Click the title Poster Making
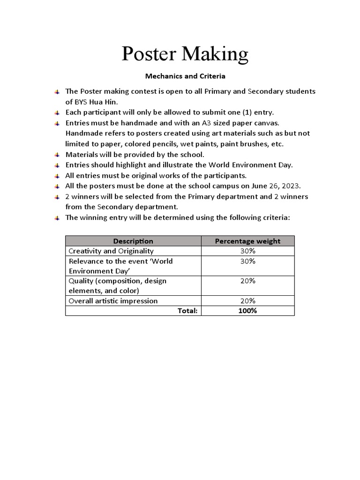pyautogui.click(x=185, y=54)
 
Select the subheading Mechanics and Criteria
pyautogui.click(x=185, y=76)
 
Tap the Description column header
pyautogui.click(x=133, y=241)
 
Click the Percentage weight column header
pyautogui.click(x=247, y=241)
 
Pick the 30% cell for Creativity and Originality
pyautogui.click(x=247, y=251)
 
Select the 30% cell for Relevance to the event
pyautogui.click(x=247, y=261)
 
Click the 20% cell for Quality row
pyautogui.click(x=247, y=281)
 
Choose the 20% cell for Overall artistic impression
pyautogui.click(x=247, y=301)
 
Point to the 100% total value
pyautogui.click(x=247, y=311)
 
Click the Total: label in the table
pyautogui.click(x=187, y=311)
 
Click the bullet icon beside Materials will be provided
pyautogui.click(x=57, y=155)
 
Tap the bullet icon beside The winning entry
pyautogui.click(x=57, y=218)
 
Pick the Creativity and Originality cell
pyautogui.click(x=111, y=251)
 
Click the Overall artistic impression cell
pyautogui.click(x=113, y=301)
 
